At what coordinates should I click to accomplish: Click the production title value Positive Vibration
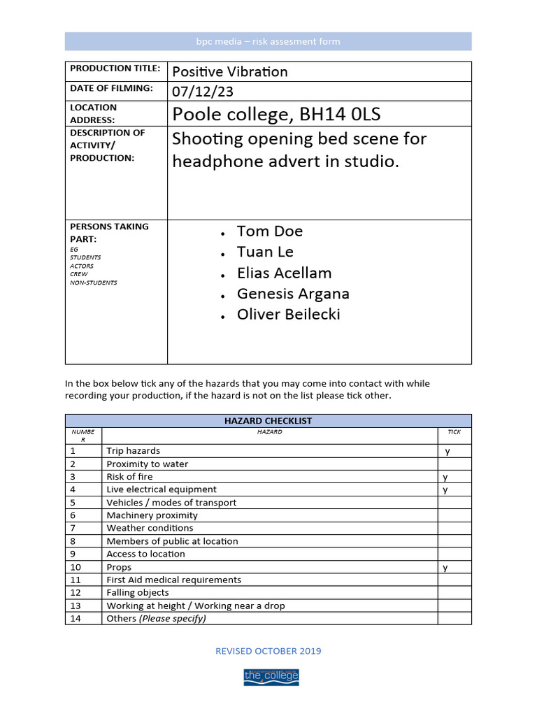[x=229, y=71]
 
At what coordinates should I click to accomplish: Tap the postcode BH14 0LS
[x=340, y=114]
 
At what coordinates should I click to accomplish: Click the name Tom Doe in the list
[x=269, y=231]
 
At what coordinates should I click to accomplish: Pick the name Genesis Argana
[x=293, y=294]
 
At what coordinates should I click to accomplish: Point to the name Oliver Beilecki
[x=288, y=315]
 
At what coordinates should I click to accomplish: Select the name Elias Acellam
[x=284, y=273]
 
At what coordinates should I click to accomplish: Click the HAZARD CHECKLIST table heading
[x=268, y=421]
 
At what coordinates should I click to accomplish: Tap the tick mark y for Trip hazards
[x=447, y=451]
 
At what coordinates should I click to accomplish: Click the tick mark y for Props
[x=445, y=568]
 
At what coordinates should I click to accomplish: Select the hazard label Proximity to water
[x=147, y=464]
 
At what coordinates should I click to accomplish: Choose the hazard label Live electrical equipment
[x=162, y=489]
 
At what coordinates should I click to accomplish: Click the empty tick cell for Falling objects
[x=454, y=593]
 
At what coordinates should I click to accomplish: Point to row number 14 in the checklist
[x=76, y=619]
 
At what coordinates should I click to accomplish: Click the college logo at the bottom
[x=271, y=676]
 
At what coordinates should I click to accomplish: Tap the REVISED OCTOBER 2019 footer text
[x=268, y=651]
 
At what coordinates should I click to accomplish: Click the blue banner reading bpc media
[x=268, y=41]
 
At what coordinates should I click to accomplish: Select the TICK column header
[x=454, y=432]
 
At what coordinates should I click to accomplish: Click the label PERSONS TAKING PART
[x=109, y=232]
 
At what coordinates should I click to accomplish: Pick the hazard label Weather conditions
[x=150, y=529]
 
